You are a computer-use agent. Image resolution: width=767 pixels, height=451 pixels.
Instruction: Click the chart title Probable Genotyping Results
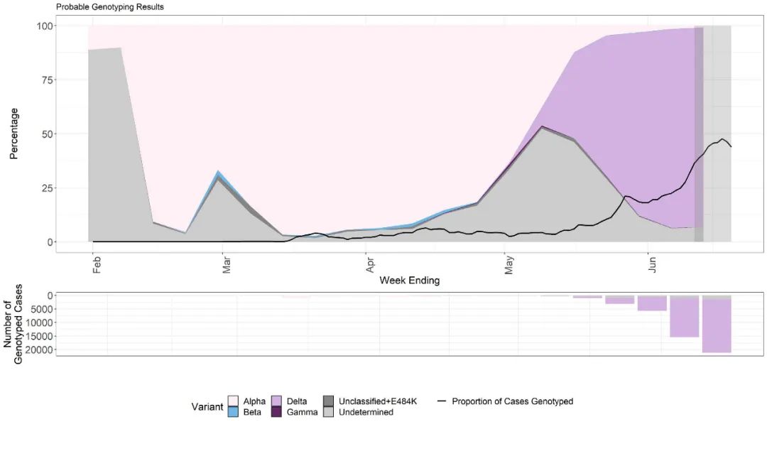[109, 7]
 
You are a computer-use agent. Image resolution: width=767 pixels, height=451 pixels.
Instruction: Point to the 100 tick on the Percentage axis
[45, 26]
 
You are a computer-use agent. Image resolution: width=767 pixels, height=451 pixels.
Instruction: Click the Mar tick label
[227, 266]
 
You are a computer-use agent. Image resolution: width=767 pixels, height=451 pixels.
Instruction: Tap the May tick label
[509, 266]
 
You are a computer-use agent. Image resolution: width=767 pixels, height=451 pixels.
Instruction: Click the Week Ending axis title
[409, 281]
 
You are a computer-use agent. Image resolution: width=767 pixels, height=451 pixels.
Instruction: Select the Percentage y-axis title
[14, 134]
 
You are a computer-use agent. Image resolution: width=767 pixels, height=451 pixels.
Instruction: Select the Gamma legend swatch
[277, 411]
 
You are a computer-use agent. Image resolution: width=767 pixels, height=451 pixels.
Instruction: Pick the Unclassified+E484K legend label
[377, 401]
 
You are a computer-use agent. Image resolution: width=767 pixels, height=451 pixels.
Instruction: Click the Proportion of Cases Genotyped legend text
[512, 401]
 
